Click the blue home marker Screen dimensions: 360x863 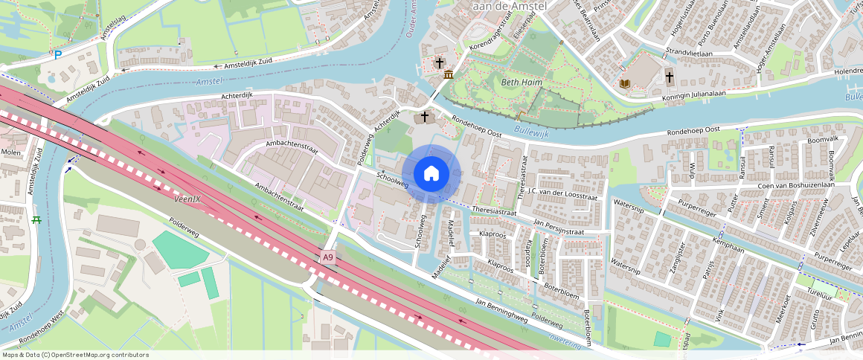pos(431,174)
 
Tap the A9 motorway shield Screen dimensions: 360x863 pos(328,257)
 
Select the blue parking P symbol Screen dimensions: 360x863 pos(57,55)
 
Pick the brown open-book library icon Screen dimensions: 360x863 pos(625,83)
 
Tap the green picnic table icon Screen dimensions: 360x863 pos(36,219)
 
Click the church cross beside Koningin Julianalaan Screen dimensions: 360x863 pos(668,76)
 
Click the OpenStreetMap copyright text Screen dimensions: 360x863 pos(75,355)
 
